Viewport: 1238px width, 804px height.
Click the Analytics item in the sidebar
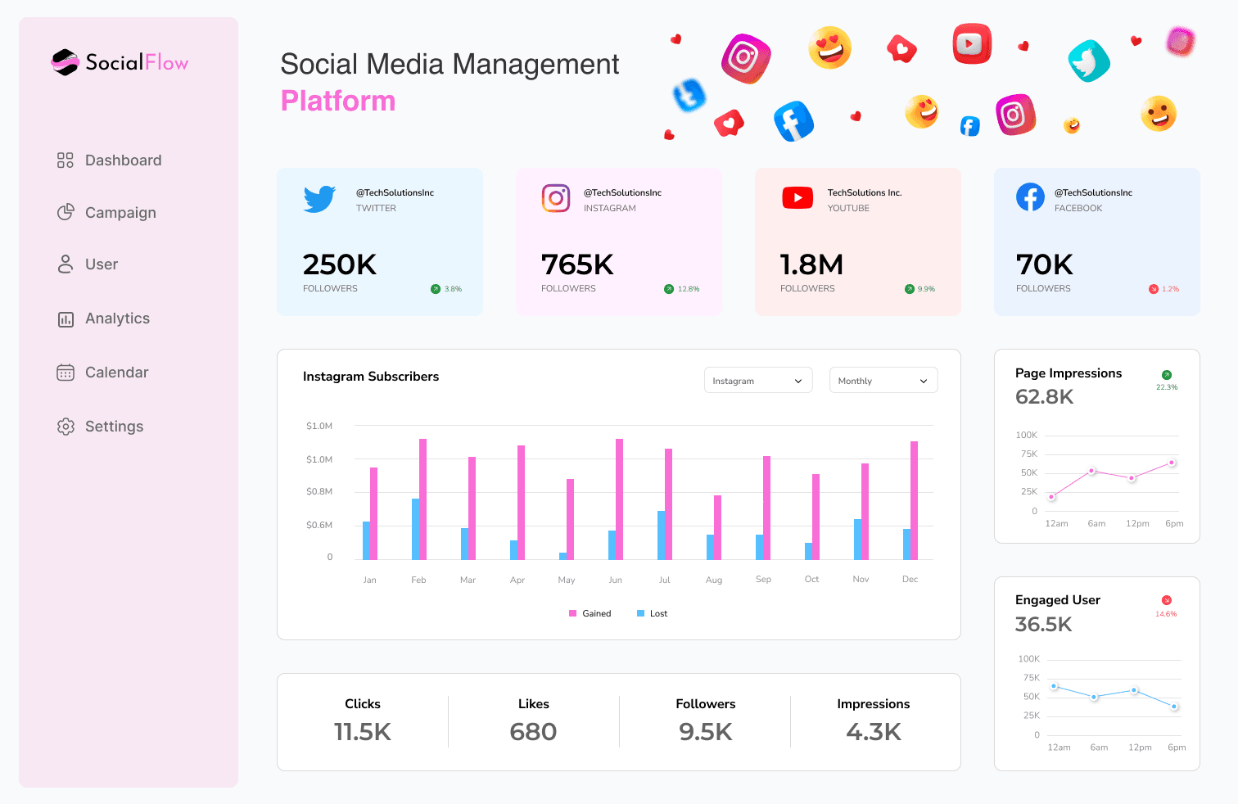pyautogui.click(x=116, y=318)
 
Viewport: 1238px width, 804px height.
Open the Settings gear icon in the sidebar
pyautogui.click(x=66, y=427)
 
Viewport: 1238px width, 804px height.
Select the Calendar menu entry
pyautogui.click(x=116, y=373)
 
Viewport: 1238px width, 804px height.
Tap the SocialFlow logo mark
pyautogui.click(x=65, y=62)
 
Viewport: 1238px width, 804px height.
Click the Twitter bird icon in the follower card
pyautogui.click(x=319, y=199)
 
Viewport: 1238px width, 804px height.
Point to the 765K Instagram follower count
pyautogui.click(x=577, y=264)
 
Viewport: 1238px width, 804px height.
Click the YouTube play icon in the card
pyautogui.click(x=797, y=198)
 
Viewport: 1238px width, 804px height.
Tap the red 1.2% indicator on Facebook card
pyautogui.click(x=1163, y=289)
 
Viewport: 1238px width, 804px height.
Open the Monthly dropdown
pyautogui.click(x=883, y=381)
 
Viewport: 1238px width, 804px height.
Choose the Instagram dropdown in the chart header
pyautogui.click(x=757, y=381)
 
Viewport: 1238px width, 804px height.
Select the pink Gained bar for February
pyautogui.click(x=423, y=499)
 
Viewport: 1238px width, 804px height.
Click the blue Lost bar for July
pyautogui.click(x=661, y=535)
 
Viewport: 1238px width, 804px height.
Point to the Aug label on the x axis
pyautogui.click(x=714, y=580)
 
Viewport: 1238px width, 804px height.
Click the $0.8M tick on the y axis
pyautogui.click(x=319, y=491)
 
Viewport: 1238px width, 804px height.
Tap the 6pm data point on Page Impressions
pyautogui.click(x=1172, y=463)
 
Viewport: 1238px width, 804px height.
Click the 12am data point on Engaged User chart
pyautogui.click(x=1055, y=686)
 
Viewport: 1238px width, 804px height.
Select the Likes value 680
pyautogui.click(x=533, y=732)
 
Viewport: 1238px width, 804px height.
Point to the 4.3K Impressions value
pyautogui.click(x=874, y=732)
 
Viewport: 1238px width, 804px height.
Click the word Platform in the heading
pyautogui.click(x=338, y=101)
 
